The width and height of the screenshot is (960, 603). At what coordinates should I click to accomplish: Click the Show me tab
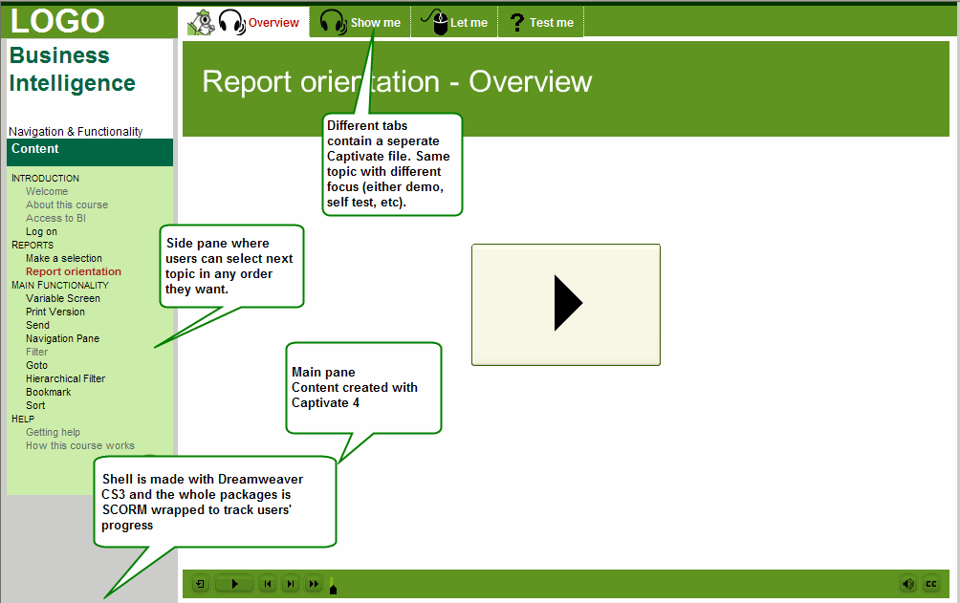coord(360,22)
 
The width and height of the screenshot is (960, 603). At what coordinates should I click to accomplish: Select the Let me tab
coord(454,22)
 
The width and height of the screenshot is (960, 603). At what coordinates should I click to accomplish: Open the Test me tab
coord(541,22)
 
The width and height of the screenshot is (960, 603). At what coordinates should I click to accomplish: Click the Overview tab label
coord(273,23)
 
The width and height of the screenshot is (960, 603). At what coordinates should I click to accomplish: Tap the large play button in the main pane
coord(566,304)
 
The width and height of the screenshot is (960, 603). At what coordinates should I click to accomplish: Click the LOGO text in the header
coord(57,20)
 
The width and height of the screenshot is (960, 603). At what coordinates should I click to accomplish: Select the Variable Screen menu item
coord(62,298)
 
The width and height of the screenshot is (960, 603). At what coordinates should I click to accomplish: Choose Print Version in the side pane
coord(55,312)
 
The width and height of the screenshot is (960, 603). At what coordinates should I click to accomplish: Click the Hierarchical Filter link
coord(66,378)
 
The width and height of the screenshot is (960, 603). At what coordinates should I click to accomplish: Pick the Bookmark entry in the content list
coord(49,392)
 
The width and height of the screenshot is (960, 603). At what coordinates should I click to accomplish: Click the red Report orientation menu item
coord(74,271)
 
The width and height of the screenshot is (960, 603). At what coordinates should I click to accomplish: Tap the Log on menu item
coord(42,231)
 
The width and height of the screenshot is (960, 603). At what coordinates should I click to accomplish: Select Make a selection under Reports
coord(64,258)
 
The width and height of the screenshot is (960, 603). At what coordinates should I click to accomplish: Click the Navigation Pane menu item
coord(62,338)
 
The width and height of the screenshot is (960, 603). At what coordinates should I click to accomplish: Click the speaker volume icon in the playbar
coord(908,584)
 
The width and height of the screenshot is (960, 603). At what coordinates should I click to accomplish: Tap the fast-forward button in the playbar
coord(314,584)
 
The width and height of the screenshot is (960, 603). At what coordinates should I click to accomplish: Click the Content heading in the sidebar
coord(34,149)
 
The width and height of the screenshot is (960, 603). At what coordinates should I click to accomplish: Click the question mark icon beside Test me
coord(516,23)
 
